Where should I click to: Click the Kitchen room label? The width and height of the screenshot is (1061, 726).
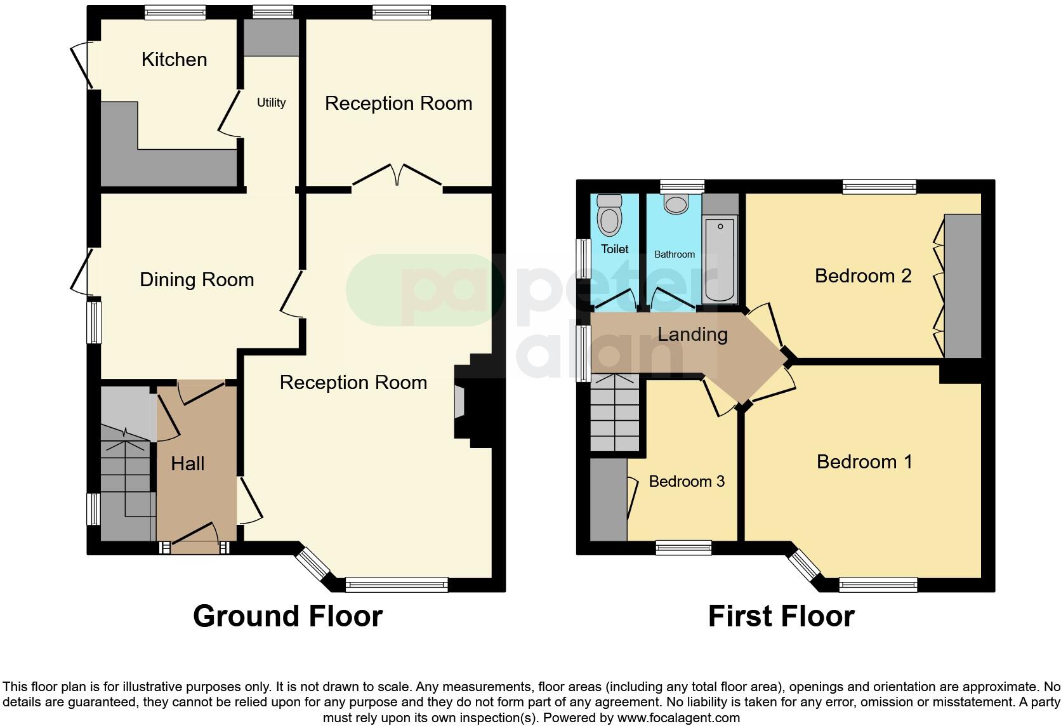pos(174,60)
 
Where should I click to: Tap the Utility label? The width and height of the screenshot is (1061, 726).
pos(271,103)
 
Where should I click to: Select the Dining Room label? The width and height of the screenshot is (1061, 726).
pos(197,280)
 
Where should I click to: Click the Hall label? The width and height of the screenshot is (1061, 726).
pos(188,464)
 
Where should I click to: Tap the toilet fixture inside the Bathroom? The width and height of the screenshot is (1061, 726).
pos(676,204)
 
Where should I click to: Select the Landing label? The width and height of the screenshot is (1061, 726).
pos(692,334)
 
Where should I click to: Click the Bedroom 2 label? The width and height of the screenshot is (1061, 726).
pos(862,276)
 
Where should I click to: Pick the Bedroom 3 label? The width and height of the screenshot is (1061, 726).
pos(687,482)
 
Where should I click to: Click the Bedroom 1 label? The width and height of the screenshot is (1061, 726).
pos(864,462)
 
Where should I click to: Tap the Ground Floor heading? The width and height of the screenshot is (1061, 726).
pos(287,616)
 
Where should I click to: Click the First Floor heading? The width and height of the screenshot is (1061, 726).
pos(781,616)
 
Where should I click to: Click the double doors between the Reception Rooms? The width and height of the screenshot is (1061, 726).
pos(397,175)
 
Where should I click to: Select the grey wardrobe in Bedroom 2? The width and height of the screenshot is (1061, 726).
pos(963,286)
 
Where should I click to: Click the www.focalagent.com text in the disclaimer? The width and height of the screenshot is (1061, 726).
pos(678,718)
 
